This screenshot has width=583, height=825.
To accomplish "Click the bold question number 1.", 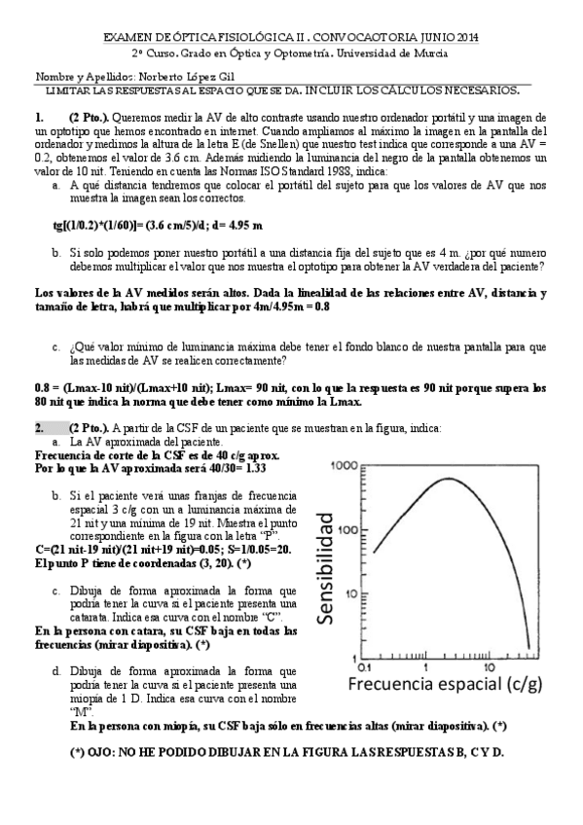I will (x=39, y=116).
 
